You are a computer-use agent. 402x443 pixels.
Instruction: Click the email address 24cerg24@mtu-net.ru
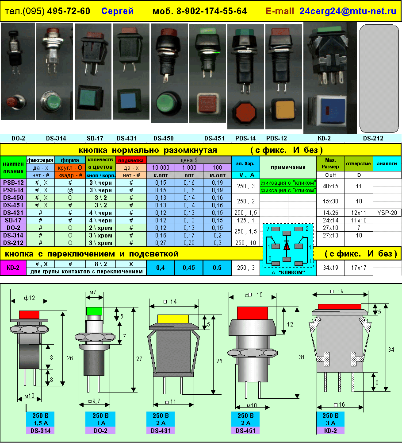348,11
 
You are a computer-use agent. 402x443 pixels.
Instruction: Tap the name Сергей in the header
117,11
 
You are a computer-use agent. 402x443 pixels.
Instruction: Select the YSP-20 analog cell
387,213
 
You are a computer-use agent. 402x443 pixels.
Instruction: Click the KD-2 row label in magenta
13,268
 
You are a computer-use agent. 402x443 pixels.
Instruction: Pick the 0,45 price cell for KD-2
189,268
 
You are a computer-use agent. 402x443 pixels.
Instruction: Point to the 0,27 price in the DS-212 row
161,243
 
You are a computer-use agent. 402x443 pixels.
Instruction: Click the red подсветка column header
131,160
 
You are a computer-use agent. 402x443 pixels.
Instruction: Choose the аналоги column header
387,163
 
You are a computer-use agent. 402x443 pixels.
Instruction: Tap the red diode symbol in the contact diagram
287,245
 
